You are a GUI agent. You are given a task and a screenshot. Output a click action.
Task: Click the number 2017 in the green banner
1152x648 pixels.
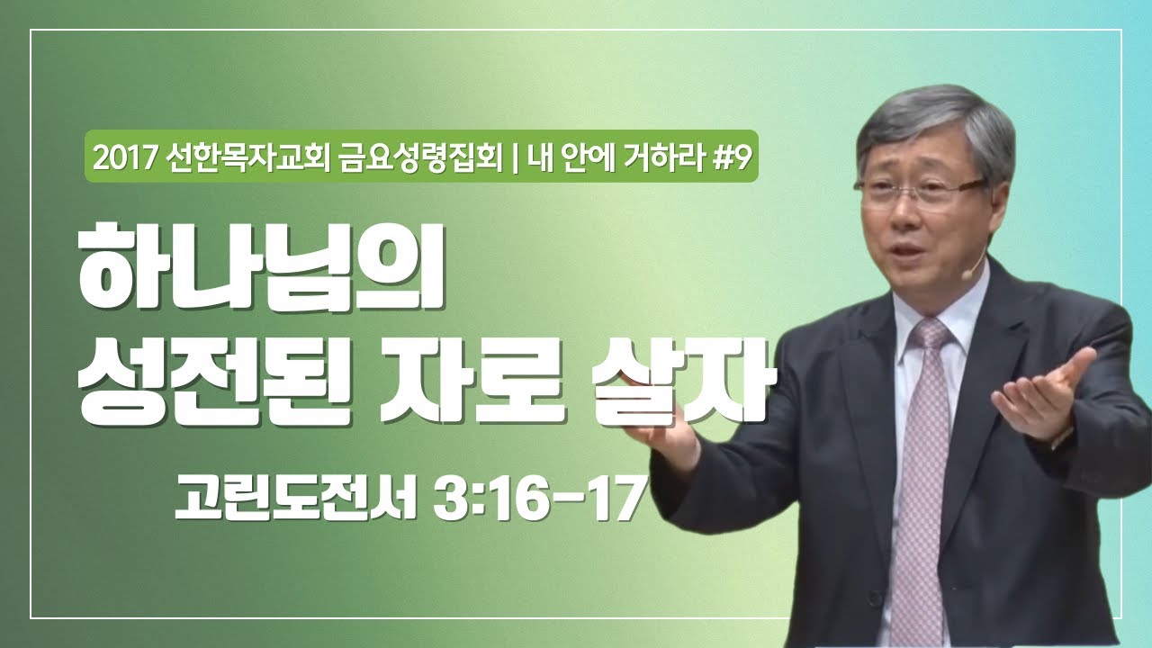click(127, 160)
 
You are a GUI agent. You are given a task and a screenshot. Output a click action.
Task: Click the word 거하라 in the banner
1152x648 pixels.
click(662, 160)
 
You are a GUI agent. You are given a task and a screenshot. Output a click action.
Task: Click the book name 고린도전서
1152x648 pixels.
click(297, 498)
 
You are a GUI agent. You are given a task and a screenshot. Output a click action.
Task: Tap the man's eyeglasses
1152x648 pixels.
click(918, 190)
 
